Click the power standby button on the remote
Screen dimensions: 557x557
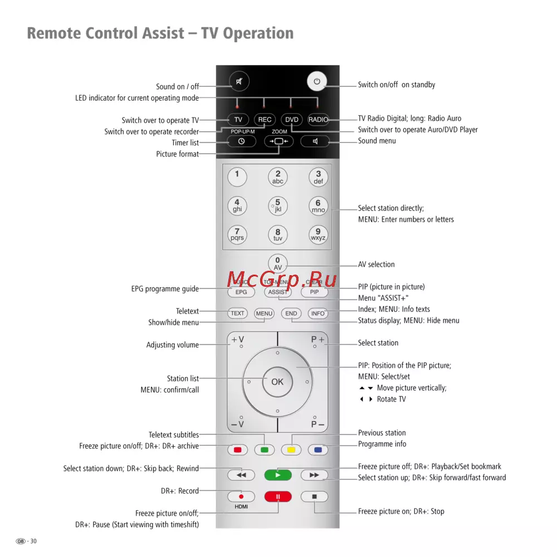(317, 82)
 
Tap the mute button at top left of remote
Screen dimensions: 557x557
(239, 82)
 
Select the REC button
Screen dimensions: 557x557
(265, 120)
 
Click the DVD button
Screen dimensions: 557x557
(291, 120)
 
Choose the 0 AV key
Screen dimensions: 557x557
(278, 263)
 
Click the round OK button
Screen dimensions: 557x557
(277, 382)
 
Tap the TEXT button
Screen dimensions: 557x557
(238, 314)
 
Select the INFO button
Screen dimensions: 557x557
(318, 314)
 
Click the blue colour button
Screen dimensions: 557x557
(318, 449)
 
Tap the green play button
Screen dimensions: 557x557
(278, 475)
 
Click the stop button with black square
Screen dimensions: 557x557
(315, 496)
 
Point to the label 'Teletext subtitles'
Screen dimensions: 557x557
(174, 435)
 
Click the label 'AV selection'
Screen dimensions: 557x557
(377, 265)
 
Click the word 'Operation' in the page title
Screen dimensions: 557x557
(258, 33)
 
